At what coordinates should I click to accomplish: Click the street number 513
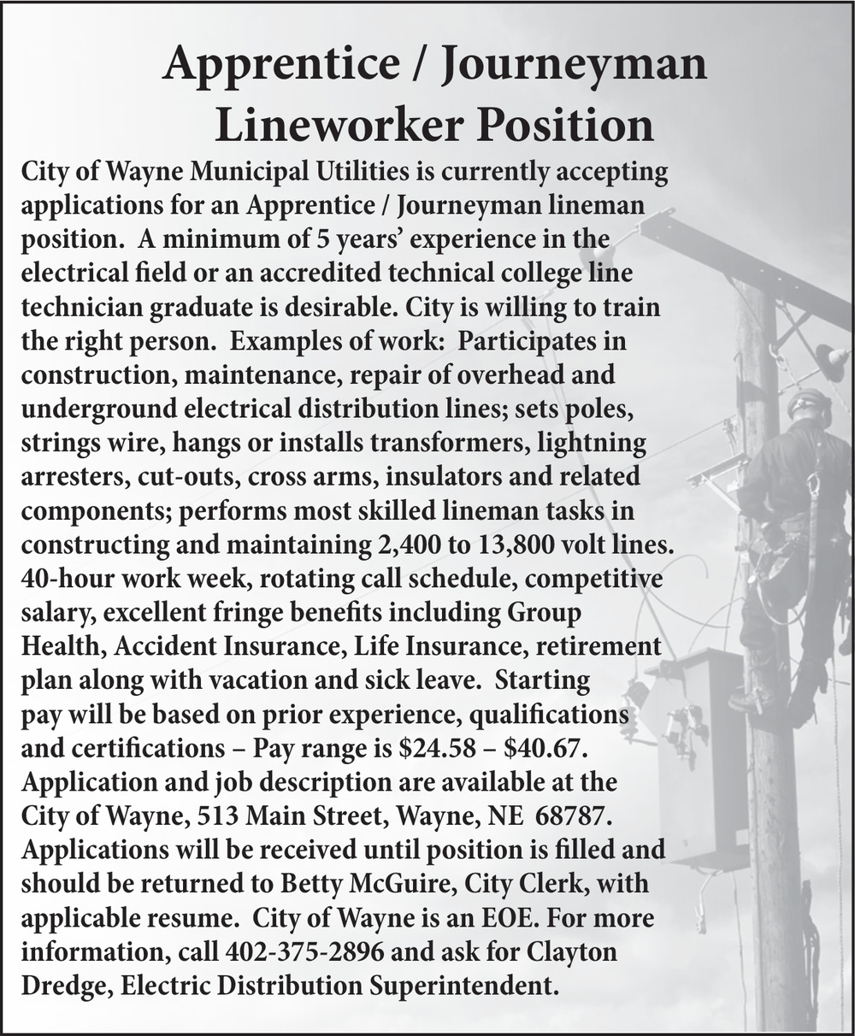(217, 815)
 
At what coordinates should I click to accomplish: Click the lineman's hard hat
(808, 404)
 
